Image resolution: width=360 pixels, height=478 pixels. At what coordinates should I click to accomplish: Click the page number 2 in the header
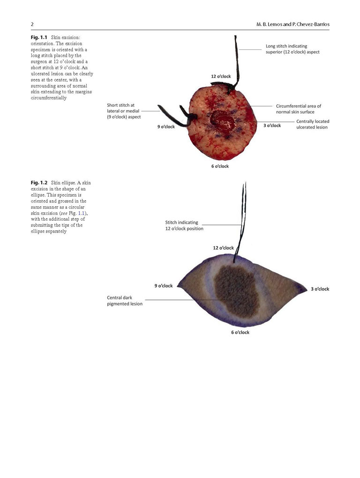(32, 24)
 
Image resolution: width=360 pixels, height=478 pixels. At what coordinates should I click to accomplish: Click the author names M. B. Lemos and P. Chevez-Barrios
(293, 24)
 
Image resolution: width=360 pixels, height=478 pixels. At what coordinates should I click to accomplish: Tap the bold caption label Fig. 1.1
(39, 37)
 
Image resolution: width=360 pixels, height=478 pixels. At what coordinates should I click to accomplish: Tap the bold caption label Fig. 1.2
(39, 183)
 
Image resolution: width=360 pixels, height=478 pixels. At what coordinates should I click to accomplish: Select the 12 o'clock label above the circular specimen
(221, 76)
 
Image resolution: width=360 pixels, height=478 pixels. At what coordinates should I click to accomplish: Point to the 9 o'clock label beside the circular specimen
(166, 127)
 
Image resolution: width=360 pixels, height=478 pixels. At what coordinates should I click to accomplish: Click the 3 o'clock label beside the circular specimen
(272, 125)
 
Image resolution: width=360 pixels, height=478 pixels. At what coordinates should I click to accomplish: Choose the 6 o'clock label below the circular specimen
(220, 166)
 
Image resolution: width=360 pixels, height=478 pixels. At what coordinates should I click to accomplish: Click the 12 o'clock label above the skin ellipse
(224, 248)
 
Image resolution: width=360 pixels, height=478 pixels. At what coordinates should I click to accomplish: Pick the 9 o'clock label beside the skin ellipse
(164, 286)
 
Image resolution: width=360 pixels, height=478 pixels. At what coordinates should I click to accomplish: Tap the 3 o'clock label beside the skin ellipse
(320, 289)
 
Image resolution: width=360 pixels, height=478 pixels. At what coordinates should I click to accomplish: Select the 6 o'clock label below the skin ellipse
(240, 332)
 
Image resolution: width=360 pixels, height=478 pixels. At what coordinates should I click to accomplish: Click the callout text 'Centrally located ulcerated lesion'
(313, 124)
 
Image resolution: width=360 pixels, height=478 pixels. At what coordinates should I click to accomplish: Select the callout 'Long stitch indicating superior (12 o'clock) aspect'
(292, 49)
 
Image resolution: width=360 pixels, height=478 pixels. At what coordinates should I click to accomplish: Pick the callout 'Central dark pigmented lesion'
(125, 300)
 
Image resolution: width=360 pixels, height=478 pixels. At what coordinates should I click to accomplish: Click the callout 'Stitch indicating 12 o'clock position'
(184, 225)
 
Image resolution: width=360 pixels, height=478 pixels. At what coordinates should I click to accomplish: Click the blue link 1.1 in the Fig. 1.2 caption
(81, 213)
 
